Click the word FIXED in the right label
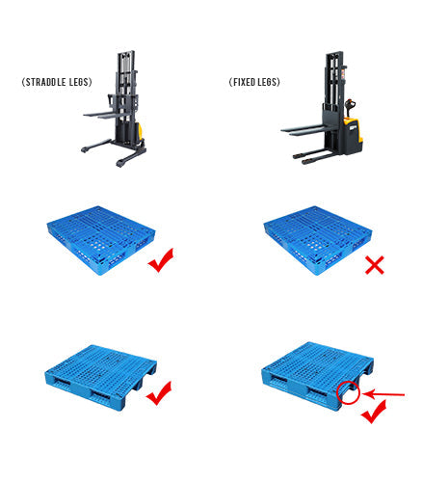[x=245, y=83]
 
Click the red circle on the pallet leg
[x=349, y=393]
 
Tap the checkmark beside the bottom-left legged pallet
[x=159, y=393]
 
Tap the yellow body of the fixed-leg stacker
[x=351, y=134]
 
